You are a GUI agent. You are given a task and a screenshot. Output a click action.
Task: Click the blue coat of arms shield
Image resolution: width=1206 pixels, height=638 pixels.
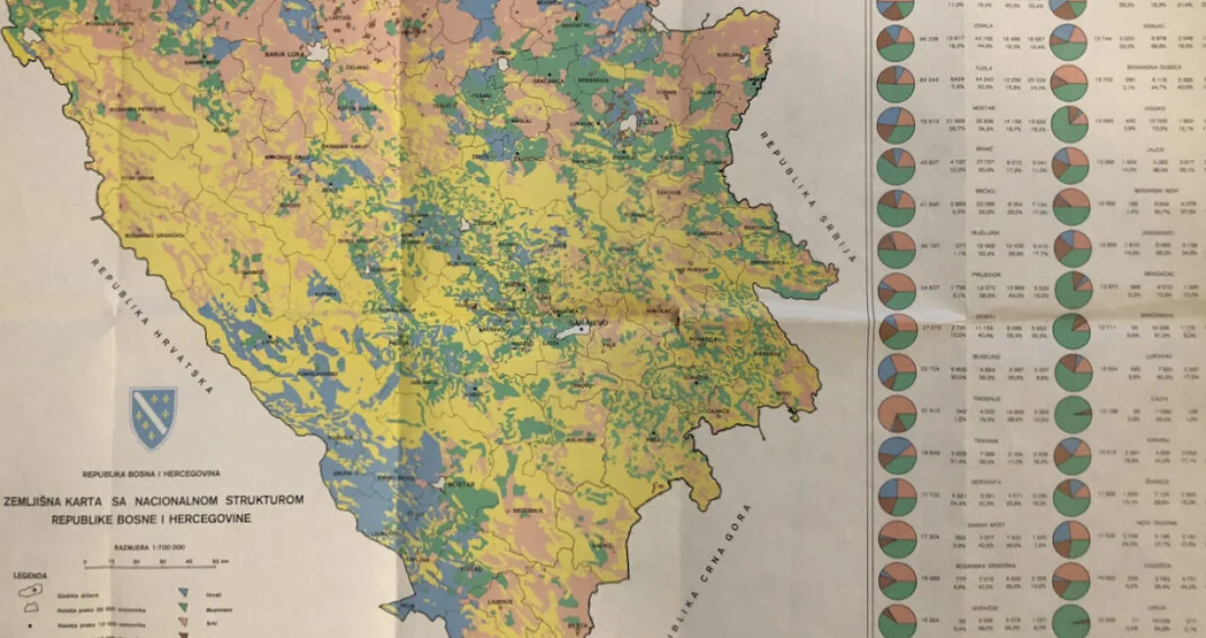153,417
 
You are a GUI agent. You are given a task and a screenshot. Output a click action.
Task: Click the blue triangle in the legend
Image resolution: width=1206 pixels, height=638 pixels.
184,591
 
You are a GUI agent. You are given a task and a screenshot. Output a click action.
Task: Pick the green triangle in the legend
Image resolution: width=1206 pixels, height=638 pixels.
184,608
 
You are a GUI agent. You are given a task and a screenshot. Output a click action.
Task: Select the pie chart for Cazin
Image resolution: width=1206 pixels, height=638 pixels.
1072,411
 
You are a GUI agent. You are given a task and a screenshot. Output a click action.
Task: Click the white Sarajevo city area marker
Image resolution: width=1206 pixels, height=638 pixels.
572,333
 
